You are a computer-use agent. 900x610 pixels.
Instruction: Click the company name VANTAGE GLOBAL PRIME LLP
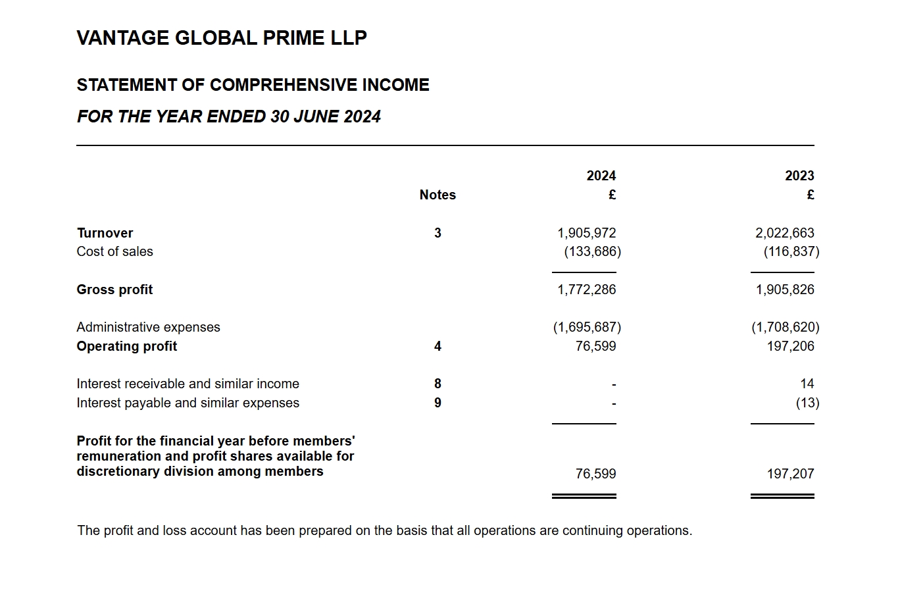222,38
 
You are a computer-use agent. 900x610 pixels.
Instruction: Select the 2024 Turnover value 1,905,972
586,233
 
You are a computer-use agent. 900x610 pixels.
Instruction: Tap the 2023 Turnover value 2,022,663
784,233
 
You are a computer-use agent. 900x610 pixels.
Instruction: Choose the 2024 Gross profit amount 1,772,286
586,290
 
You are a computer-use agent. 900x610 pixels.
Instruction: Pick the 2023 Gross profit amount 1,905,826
784,290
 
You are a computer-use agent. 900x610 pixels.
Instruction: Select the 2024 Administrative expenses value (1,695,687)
587,327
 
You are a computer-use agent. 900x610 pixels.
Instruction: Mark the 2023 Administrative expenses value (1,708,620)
785,327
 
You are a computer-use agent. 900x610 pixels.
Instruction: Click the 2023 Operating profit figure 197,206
790,346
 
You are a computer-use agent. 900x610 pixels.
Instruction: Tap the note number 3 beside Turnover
438,233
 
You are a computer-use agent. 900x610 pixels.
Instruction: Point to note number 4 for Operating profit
438,346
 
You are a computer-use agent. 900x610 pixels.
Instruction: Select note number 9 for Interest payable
438,403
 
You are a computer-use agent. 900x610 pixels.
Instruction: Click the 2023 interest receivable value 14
807,384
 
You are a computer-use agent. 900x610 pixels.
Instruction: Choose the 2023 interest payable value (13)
807,403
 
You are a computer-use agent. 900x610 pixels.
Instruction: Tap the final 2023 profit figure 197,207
790,474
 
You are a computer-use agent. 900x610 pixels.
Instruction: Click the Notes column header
438,195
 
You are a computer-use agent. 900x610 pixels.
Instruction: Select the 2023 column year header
799,176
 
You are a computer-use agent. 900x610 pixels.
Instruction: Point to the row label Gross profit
114,290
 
